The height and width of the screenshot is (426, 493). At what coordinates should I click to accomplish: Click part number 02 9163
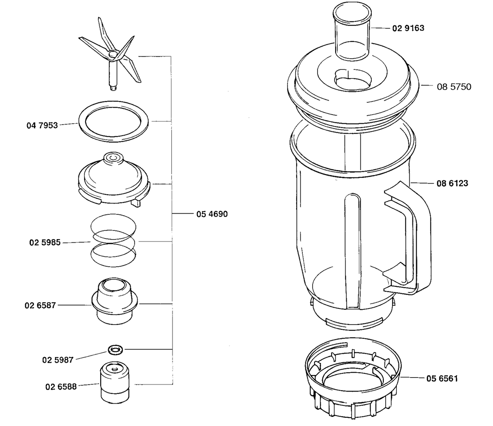[408, 28]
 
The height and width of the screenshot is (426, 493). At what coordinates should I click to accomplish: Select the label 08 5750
[454, 87]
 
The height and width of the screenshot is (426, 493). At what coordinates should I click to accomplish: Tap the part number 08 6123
[452, 183]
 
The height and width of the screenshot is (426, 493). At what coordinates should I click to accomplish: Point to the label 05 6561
[442, 378]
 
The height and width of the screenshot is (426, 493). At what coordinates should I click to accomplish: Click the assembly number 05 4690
[212, 214]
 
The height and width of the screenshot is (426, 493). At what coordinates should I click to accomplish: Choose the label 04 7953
[42, 125]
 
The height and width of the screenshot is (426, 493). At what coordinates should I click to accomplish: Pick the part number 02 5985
[45, 242]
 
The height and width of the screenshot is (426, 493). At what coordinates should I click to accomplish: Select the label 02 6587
[40, 305]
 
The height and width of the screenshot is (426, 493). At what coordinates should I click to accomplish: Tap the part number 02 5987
[58, 360]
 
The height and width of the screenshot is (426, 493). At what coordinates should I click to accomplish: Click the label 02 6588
[61, 387]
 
